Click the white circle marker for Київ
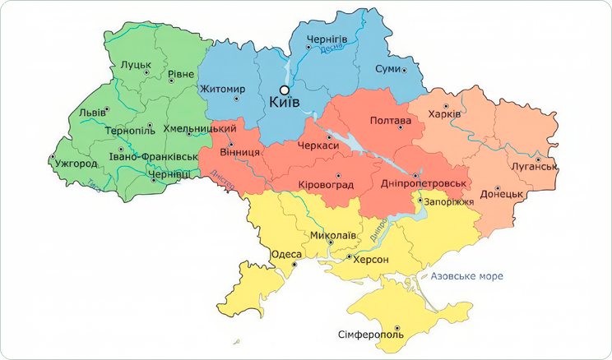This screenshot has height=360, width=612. (x=284, y=90)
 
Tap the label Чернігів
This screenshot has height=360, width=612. (x=327, y=39)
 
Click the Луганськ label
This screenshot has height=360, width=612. (x=535, y=167)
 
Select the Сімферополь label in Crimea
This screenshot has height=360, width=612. (x=371, y=335)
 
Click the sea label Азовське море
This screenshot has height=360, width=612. (x=466, y=276)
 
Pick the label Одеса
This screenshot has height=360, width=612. (x=286, y=255)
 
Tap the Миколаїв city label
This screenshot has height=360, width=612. (x=333, y=235)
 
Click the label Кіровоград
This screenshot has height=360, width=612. (x=326, y=184)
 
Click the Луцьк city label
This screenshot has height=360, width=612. (x=135, y=63)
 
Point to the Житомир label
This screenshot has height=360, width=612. (x=222, y=89)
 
